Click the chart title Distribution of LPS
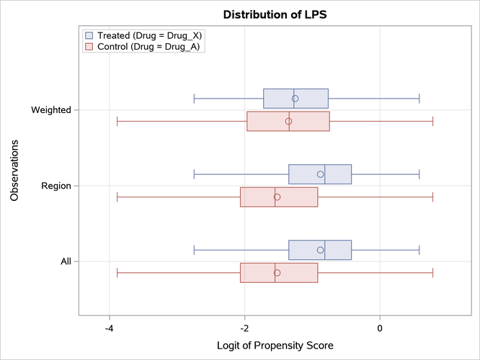point(275,14)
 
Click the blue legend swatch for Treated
point(89,35)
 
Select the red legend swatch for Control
point(89,47)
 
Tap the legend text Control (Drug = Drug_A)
point(148,47)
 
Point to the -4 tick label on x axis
point(109,328)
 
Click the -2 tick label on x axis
point(244,328)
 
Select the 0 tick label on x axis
point(380,328)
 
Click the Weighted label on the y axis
point(51,110)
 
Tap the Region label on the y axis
point(55,186)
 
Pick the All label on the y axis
point(66,261)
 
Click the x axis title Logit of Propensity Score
point(275,346)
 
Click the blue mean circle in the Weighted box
point(295,99)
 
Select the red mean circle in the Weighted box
point(288,121)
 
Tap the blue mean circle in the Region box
point(320,174)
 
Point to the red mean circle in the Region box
point(277,197)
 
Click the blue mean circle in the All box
point(320,250)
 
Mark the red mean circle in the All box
point(277,273)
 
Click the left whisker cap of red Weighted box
point(117,121)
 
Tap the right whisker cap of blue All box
point(419,250)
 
